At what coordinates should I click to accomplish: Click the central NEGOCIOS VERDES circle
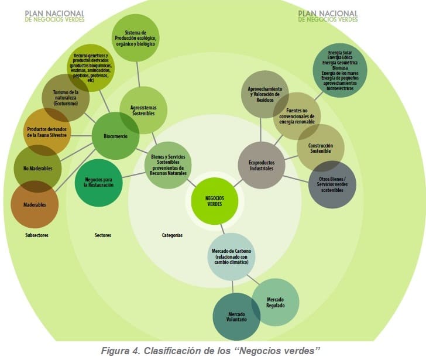215,201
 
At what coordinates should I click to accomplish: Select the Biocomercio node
116,136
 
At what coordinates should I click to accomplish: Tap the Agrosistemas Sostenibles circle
143,110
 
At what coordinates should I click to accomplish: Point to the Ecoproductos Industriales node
262,165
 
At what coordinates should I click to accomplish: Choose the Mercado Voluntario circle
236,317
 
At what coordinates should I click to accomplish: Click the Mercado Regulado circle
275,302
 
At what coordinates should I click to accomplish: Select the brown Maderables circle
35,204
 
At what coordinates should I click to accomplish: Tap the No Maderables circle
37,169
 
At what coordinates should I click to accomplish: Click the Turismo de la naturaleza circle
66,98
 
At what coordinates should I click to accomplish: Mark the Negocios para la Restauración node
99,182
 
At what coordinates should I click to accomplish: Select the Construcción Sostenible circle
320,148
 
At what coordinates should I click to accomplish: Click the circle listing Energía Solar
340,71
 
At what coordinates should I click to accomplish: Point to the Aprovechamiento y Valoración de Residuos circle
264,94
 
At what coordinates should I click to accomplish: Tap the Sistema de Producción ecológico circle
135,38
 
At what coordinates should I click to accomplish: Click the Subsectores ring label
37,235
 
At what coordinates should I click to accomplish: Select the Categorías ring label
172,235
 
